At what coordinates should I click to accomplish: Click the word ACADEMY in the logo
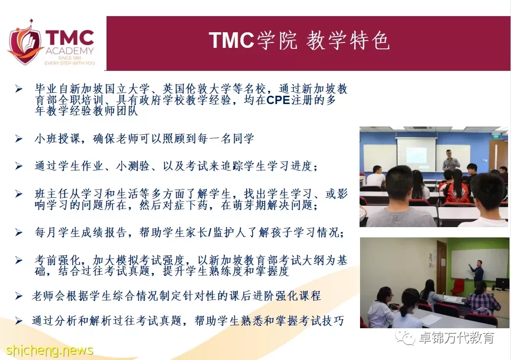coord(70,51)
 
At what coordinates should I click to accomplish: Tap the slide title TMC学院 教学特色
coord(299,41)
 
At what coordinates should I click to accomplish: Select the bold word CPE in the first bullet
coord(278,100)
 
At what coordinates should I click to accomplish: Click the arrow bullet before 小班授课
coord(19,139)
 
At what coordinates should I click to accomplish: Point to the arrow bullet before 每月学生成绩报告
coord(19,233)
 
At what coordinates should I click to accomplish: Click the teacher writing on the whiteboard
coord(477,271)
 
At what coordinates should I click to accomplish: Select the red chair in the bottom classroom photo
coord(458,286)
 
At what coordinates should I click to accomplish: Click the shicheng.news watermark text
coord(49,351)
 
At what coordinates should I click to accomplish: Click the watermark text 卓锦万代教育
coord(456,338)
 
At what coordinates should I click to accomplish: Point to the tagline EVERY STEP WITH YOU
coord(70,63)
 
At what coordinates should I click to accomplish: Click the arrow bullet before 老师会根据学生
coord(19,296)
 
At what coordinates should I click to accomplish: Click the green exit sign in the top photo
coord(496,136)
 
